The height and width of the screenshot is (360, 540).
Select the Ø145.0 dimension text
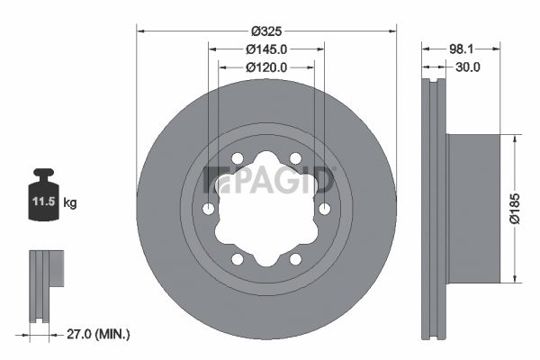[265, 49]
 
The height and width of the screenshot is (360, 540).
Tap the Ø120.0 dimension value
[265, 67]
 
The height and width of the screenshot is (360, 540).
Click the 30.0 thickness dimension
[467, 67]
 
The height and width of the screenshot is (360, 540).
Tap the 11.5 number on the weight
[44, 202]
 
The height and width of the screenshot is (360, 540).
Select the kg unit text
[71, 203]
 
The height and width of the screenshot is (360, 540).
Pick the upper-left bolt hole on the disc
[238, 159]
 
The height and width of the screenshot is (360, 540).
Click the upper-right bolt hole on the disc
[295, 159]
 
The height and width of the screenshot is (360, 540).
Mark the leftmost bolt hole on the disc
[209, 209]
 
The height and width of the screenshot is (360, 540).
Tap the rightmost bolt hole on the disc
[324, 209]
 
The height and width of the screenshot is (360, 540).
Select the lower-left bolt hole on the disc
[238, 259]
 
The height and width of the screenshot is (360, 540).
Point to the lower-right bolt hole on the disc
[295, 259]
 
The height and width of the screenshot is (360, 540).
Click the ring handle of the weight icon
[43, 173]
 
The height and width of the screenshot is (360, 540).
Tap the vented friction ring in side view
[435, 209]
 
